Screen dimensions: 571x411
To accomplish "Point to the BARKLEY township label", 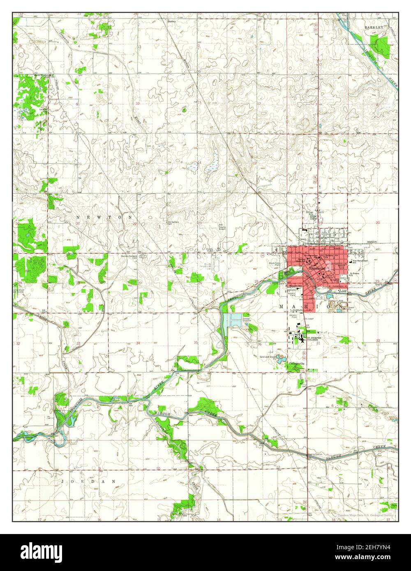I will [x=373, y=27].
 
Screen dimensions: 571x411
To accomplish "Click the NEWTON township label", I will [x=105, y=216].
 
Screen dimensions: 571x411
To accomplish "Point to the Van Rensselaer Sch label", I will [x=360, y=262].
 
